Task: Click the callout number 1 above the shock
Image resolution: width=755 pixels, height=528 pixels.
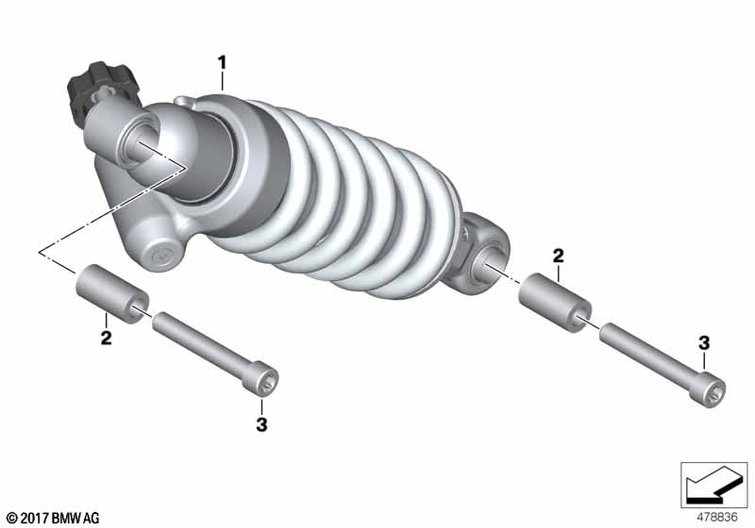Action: (222, 63)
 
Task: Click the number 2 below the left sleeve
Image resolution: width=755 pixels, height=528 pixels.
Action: (106, 338)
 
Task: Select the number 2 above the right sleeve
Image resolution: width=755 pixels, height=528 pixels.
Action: (558, 256)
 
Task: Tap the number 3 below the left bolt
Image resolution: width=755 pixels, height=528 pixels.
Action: (261, 424)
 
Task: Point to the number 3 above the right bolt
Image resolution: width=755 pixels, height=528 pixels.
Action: (704, 343)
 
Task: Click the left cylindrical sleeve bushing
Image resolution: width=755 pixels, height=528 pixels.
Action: (112, 293)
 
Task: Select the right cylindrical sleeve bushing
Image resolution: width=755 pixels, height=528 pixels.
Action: (555, 301)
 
